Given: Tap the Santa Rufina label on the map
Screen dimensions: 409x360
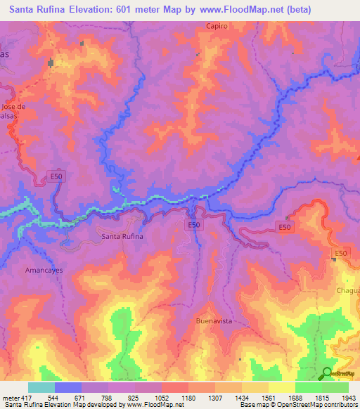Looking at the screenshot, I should coord(122,236).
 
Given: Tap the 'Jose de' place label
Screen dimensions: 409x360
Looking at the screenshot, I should coord(13,107).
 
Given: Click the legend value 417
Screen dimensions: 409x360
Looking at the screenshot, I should coord(25,398).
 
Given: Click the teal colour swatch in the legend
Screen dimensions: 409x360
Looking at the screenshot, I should coord(41,387).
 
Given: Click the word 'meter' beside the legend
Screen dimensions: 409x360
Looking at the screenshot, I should coord(10,398).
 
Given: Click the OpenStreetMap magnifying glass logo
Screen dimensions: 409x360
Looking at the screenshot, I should coord(327,373).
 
